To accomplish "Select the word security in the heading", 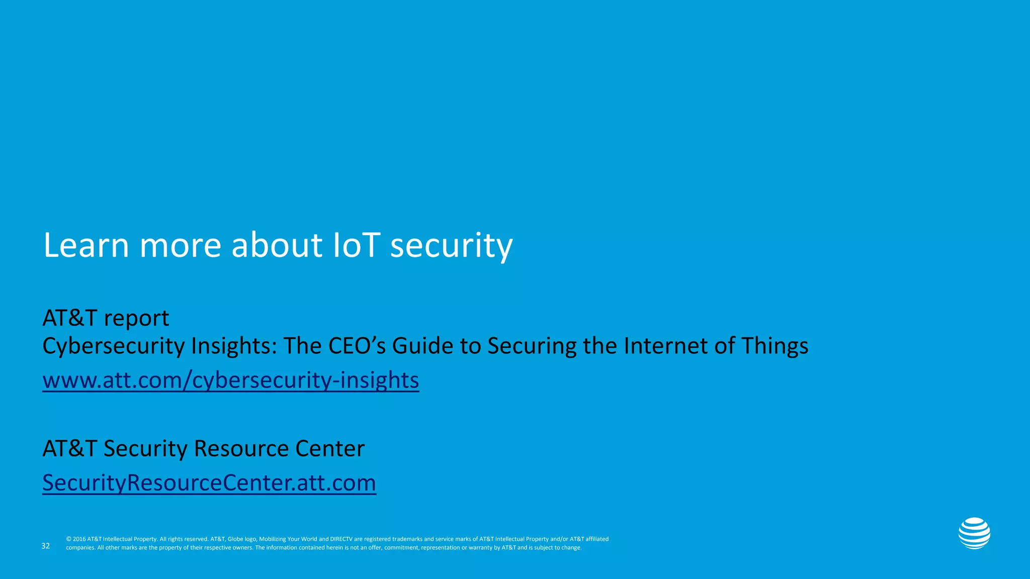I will (451, 246).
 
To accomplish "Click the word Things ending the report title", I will (775, 346).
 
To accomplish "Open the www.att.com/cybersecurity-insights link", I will (230, 380).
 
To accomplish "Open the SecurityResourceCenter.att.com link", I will (209, 483).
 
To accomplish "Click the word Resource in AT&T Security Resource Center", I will (241, 448).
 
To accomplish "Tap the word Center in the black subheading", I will (330, 448).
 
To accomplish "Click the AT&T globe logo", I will (974, 533).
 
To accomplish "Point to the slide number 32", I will (46, 546).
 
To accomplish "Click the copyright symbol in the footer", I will (68, 539).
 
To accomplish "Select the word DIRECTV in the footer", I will (341, 539).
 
